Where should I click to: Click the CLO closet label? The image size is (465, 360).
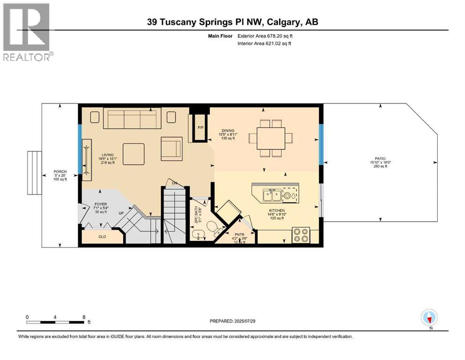[x=102, y=237]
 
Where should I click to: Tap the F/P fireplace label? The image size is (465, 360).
[x=200, y=127]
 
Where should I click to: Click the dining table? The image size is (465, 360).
[x=271, y=138]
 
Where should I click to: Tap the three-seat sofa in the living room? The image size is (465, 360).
[x=132, y=118]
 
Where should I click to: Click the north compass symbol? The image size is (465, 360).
[x=429, y=318]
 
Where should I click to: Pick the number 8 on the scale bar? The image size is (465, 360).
[x=83, y=317]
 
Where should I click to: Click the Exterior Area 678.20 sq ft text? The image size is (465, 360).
[x=268, y=36]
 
